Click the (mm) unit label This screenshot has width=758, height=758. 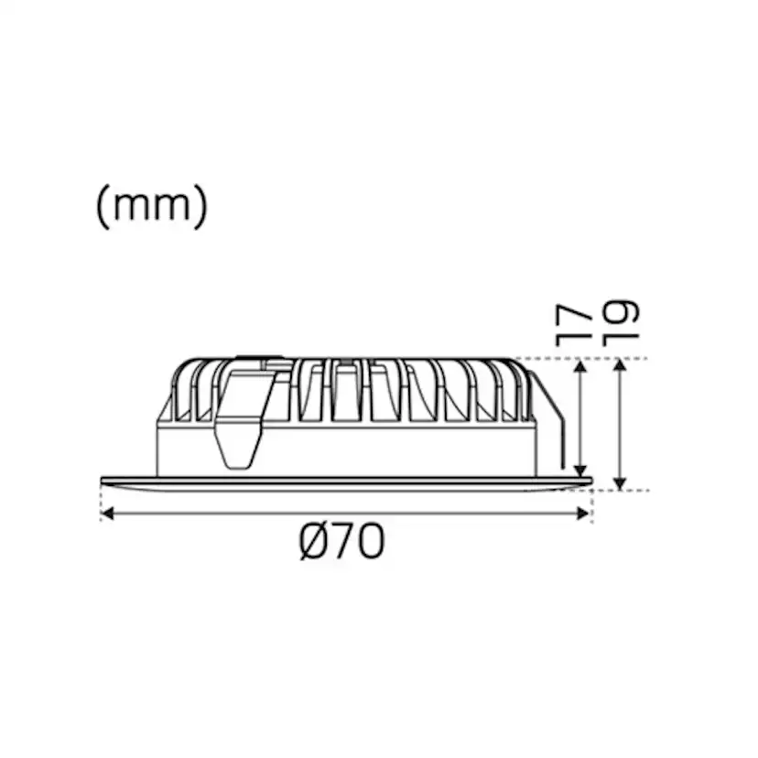[152, 208]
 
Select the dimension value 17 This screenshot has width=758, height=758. [576, 324]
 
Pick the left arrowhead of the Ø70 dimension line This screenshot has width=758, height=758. [106, 514]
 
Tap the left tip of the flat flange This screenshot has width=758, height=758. [101, 479]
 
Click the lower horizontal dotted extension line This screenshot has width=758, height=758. [623, 491]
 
